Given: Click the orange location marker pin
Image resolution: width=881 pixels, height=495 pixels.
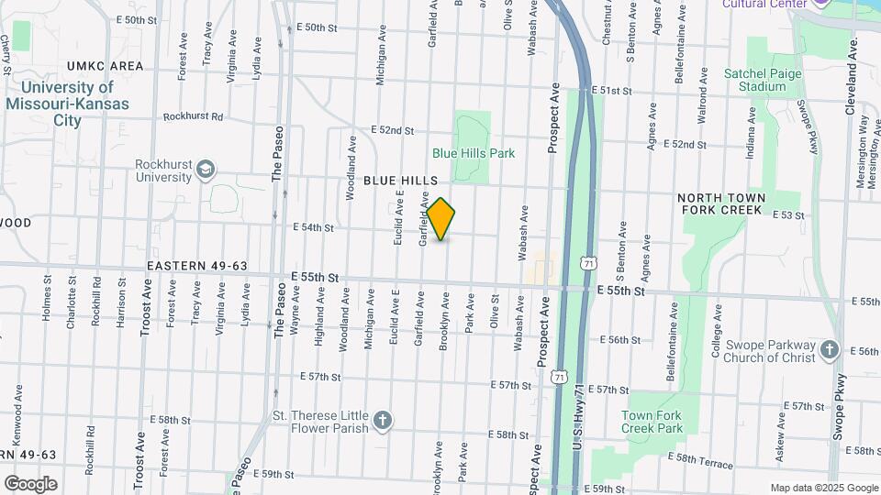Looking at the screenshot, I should click(441, 219).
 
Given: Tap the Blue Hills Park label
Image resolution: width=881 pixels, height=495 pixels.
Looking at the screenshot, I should click(474, 153).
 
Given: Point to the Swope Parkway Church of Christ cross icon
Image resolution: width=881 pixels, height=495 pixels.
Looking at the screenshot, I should click(830, 349).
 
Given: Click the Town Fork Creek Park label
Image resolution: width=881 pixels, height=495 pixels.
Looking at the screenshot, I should click(652, 422).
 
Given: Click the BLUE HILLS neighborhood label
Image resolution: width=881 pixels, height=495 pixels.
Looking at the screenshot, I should click(400, 181).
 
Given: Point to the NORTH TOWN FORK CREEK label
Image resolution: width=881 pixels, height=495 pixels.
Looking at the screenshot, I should click(719, 203).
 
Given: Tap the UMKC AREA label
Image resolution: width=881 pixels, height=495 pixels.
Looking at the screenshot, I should click(106, 66).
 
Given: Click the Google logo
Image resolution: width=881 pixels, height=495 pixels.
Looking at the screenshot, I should click(30, 483).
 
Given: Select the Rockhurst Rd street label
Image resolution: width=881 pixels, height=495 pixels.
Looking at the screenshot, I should click(193, 116).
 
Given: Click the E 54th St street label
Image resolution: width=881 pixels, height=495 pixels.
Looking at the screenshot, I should click(313, 226).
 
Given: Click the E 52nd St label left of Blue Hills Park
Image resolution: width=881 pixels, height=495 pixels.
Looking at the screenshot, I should click(393, 130).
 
